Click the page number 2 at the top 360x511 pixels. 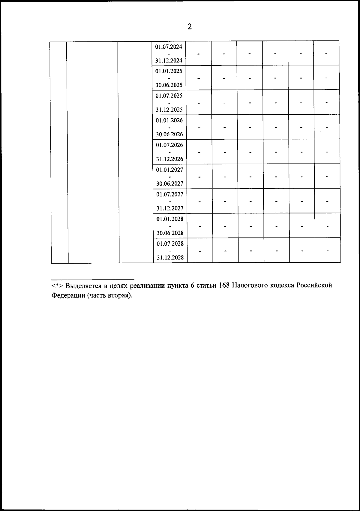click(190, 27)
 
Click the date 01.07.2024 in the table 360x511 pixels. click(169, 47)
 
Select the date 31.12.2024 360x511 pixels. click(169, 61)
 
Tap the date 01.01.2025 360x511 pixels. click(169, 71)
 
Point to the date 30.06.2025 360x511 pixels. click(169, 85)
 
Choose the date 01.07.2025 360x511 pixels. click(169, 96)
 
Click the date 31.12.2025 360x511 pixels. click(169, 110)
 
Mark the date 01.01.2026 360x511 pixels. click(169, 120)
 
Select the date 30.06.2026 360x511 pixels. click(169, 134)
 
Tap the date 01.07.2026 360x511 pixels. click(169, 145)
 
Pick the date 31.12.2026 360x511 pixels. click(169, 159)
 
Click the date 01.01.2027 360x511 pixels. click(169, 170)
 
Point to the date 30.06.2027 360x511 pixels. click(169, 183)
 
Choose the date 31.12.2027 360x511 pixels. click(170, 208)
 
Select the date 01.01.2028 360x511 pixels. click(170, 219)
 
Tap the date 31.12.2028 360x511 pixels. click(170, 257)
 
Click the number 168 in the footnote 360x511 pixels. click(224, 285)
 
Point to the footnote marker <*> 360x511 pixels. click(57, 286)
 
